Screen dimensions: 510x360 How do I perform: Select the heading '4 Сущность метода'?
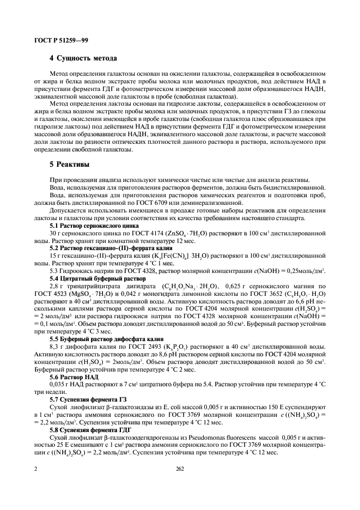pyautogui.click(x=83, y=58)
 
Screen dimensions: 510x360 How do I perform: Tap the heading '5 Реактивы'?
pyautogui.click(x=70, y=163)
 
